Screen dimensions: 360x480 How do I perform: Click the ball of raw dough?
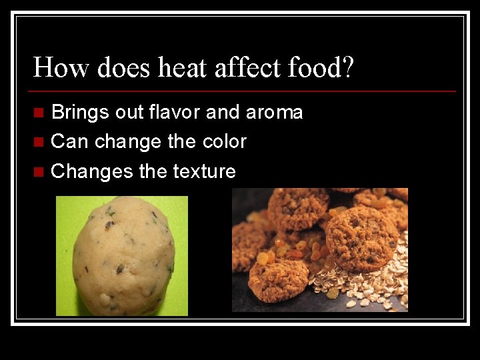point(123,256)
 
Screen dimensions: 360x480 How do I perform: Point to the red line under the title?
point(244,91)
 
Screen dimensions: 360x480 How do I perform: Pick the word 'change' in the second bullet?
point(123,142)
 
